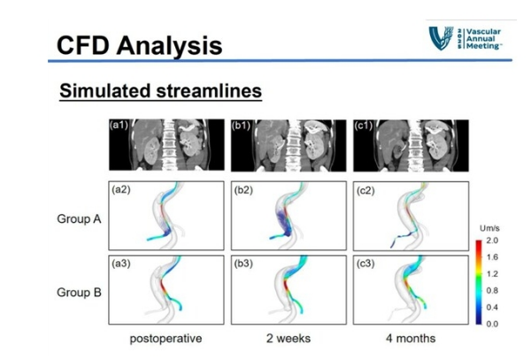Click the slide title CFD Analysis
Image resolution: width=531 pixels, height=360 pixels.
point(140,46)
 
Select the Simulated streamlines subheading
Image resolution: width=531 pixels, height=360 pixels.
point(161,91)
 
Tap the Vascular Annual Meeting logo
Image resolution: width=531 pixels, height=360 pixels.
point(465,38)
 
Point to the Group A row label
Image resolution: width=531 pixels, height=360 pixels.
point(79,218)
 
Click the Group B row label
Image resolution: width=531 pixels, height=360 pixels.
point(79,292)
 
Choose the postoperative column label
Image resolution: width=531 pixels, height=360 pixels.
point(166,339)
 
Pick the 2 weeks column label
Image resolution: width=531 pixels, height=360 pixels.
point(289,339)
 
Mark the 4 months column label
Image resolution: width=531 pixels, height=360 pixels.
point(411,339)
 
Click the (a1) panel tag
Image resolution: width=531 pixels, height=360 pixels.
point(119,126)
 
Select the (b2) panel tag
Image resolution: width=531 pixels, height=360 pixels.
point(243,190)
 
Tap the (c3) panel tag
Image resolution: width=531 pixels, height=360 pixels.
point(366,264)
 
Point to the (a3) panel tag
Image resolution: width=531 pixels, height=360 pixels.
point(121,264)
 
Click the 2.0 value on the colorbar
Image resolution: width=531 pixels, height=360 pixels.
point(492,241)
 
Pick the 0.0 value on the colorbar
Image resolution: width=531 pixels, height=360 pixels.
point(492,324)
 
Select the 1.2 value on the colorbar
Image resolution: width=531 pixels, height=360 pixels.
point(492,273)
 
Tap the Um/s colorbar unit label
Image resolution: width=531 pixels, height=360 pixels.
point(489,228)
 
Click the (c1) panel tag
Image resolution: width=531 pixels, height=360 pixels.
point(364,126)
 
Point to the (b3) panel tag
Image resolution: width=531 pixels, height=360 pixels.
point(243,264)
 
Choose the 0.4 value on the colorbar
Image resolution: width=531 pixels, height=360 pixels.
point(492,307)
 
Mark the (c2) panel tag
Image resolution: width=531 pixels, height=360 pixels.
point(366,190)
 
